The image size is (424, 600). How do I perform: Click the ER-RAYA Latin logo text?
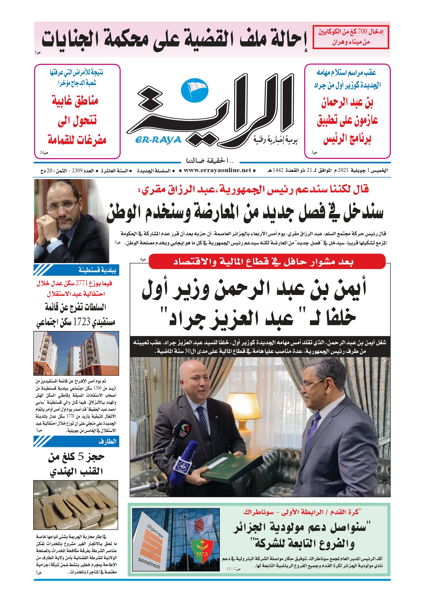158,140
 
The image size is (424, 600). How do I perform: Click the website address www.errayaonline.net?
217,170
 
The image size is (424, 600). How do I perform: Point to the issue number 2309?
77,171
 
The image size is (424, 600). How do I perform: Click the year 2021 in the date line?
343,170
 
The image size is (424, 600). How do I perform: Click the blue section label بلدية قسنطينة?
97,270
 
